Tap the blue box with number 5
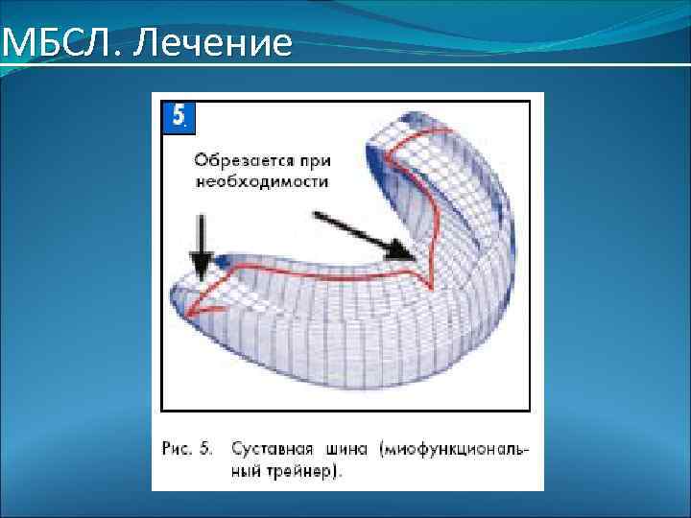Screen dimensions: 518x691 pyautogui.click(x=179, y=116)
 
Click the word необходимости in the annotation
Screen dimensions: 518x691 pyautogui.click(x=261, y=180)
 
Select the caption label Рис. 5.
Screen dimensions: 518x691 pyautogui.click(x=188, y=448)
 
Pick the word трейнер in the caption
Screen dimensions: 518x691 pyautogui.click(x=298, y=471)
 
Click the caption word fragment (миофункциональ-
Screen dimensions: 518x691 pyautogui.click(x=455, y=448)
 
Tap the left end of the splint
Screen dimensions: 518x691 pyautogui.click(x=177, y=293)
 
